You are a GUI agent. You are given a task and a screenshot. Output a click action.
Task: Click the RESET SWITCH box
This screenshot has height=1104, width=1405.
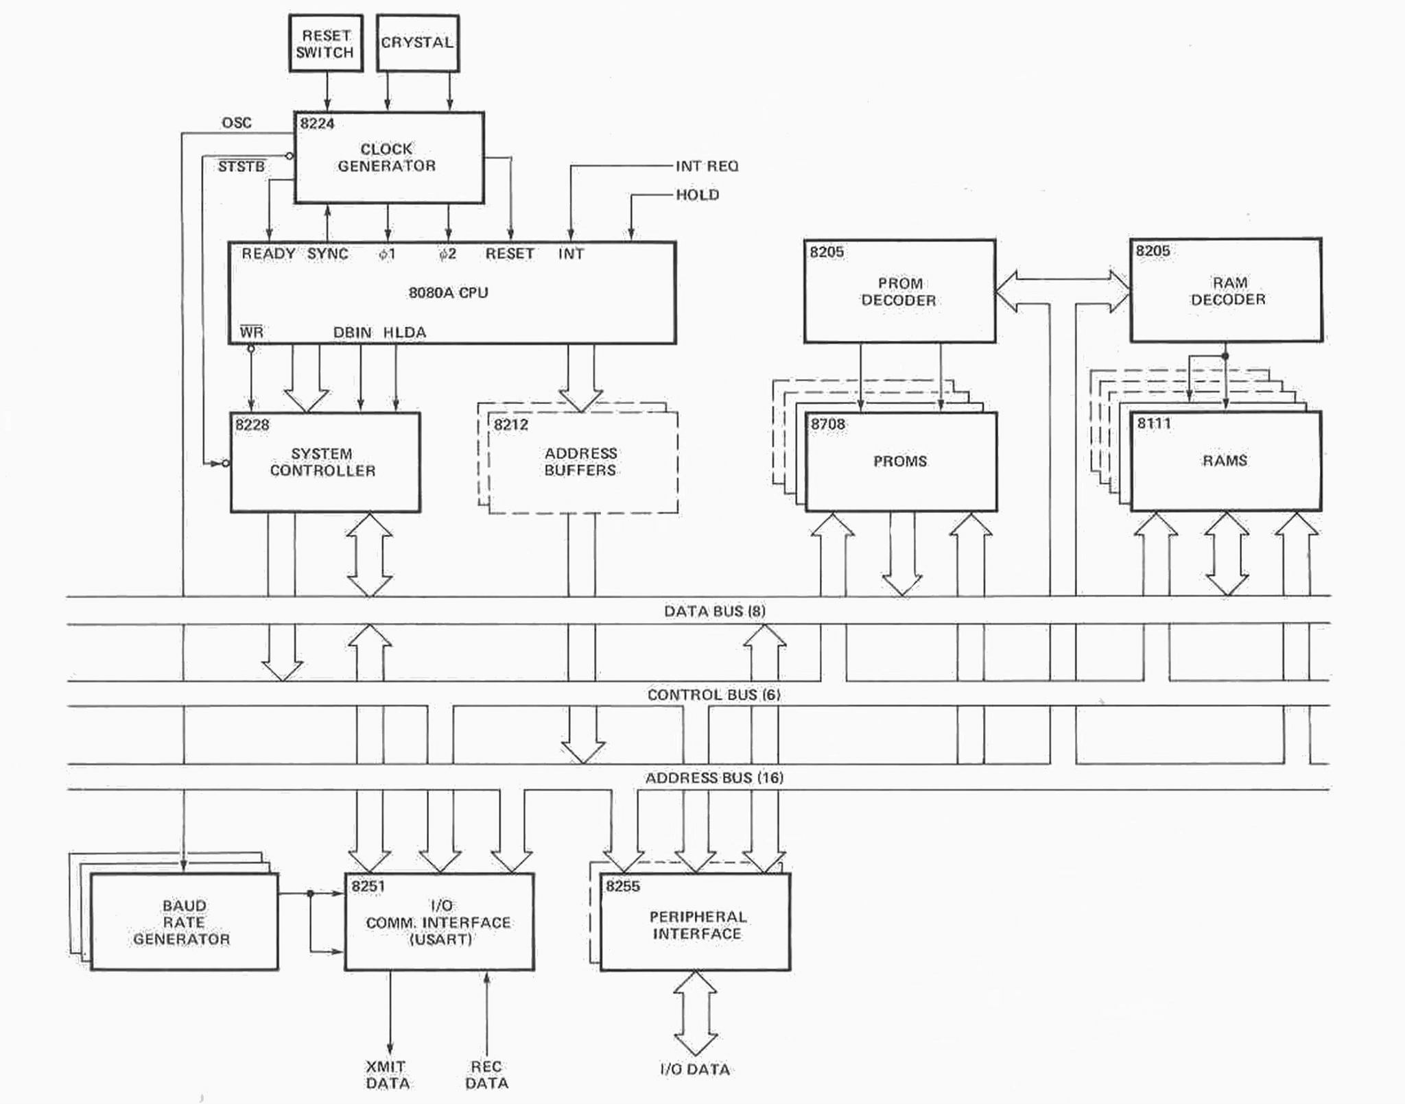[x=325, y=43]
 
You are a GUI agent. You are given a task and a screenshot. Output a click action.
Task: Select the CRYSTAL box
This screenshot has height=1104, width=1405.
[x=417, y=43]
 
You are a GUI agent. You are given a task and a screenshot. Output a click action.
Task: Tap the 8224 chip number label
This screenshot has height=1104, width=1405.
[x=317, y=124]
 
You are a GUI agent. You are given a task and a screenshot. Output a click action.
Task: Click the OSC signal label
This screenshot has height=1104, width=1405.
[x=237, y=123]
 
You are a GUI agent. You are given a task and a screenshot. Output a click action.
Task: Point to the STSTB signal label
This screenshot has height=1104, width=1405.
[x=241, y=167]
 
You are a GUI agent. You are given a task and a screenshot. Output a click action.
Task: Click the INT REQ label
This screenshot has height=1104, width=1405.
[x=707, y=167]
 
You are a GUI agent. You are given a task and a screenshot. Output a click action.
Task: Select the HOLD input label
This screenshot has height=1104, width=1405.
[x=697, y=195]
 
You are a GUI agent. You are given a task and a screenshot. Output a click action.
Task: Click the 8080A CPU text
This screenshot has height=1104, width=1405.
[x=448, y=293]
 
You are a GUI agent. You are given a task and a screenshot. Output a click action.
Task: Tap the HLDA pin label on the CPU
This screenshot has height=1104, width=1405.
[x=404, y=333]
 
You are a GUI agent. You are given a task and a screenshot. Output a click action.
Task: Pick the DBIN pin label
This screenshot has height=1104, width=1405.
[x=352, y=333]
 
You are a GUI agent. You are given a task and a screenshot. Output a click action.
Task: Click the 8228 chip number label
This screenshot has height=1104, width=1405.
[x=252, y=425]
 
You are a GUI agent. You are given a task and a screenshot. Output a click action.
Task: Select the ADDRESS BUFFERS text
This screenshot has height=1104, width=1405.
[x=580, y=461]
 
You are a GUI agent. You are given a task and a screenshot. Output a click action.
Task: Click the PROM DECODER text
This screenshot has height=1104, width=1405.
[x=898, y=292]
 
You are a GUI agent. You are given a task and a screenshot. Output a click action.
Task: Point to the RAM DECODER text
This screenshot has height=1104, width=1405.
[x=1228, y=291]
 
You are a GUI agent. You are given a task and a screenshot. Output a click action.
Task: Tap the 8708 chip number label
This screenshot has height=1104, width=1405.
[x=828, y=424]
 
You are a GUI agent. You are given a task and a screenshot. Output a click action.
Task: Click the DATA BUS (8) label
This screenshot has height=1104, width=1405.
[x=714, y=611]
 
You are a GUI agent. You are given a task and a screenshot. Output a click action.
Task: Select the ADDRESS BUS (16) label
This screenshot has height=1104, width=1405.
[x=714, y=778]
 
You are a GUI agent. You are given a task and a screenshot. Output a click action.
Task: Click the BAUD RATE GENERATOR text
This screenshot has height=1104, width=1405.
[x=182, y=922]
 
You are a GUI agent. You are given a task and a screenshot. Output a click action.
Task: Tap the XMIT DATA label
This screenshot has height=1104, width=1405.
[x=387, y=1075]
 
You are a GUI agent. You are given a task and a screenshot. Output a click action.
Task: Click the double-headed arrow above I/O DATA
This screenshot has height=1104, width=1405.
[x=696, y=1013]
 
